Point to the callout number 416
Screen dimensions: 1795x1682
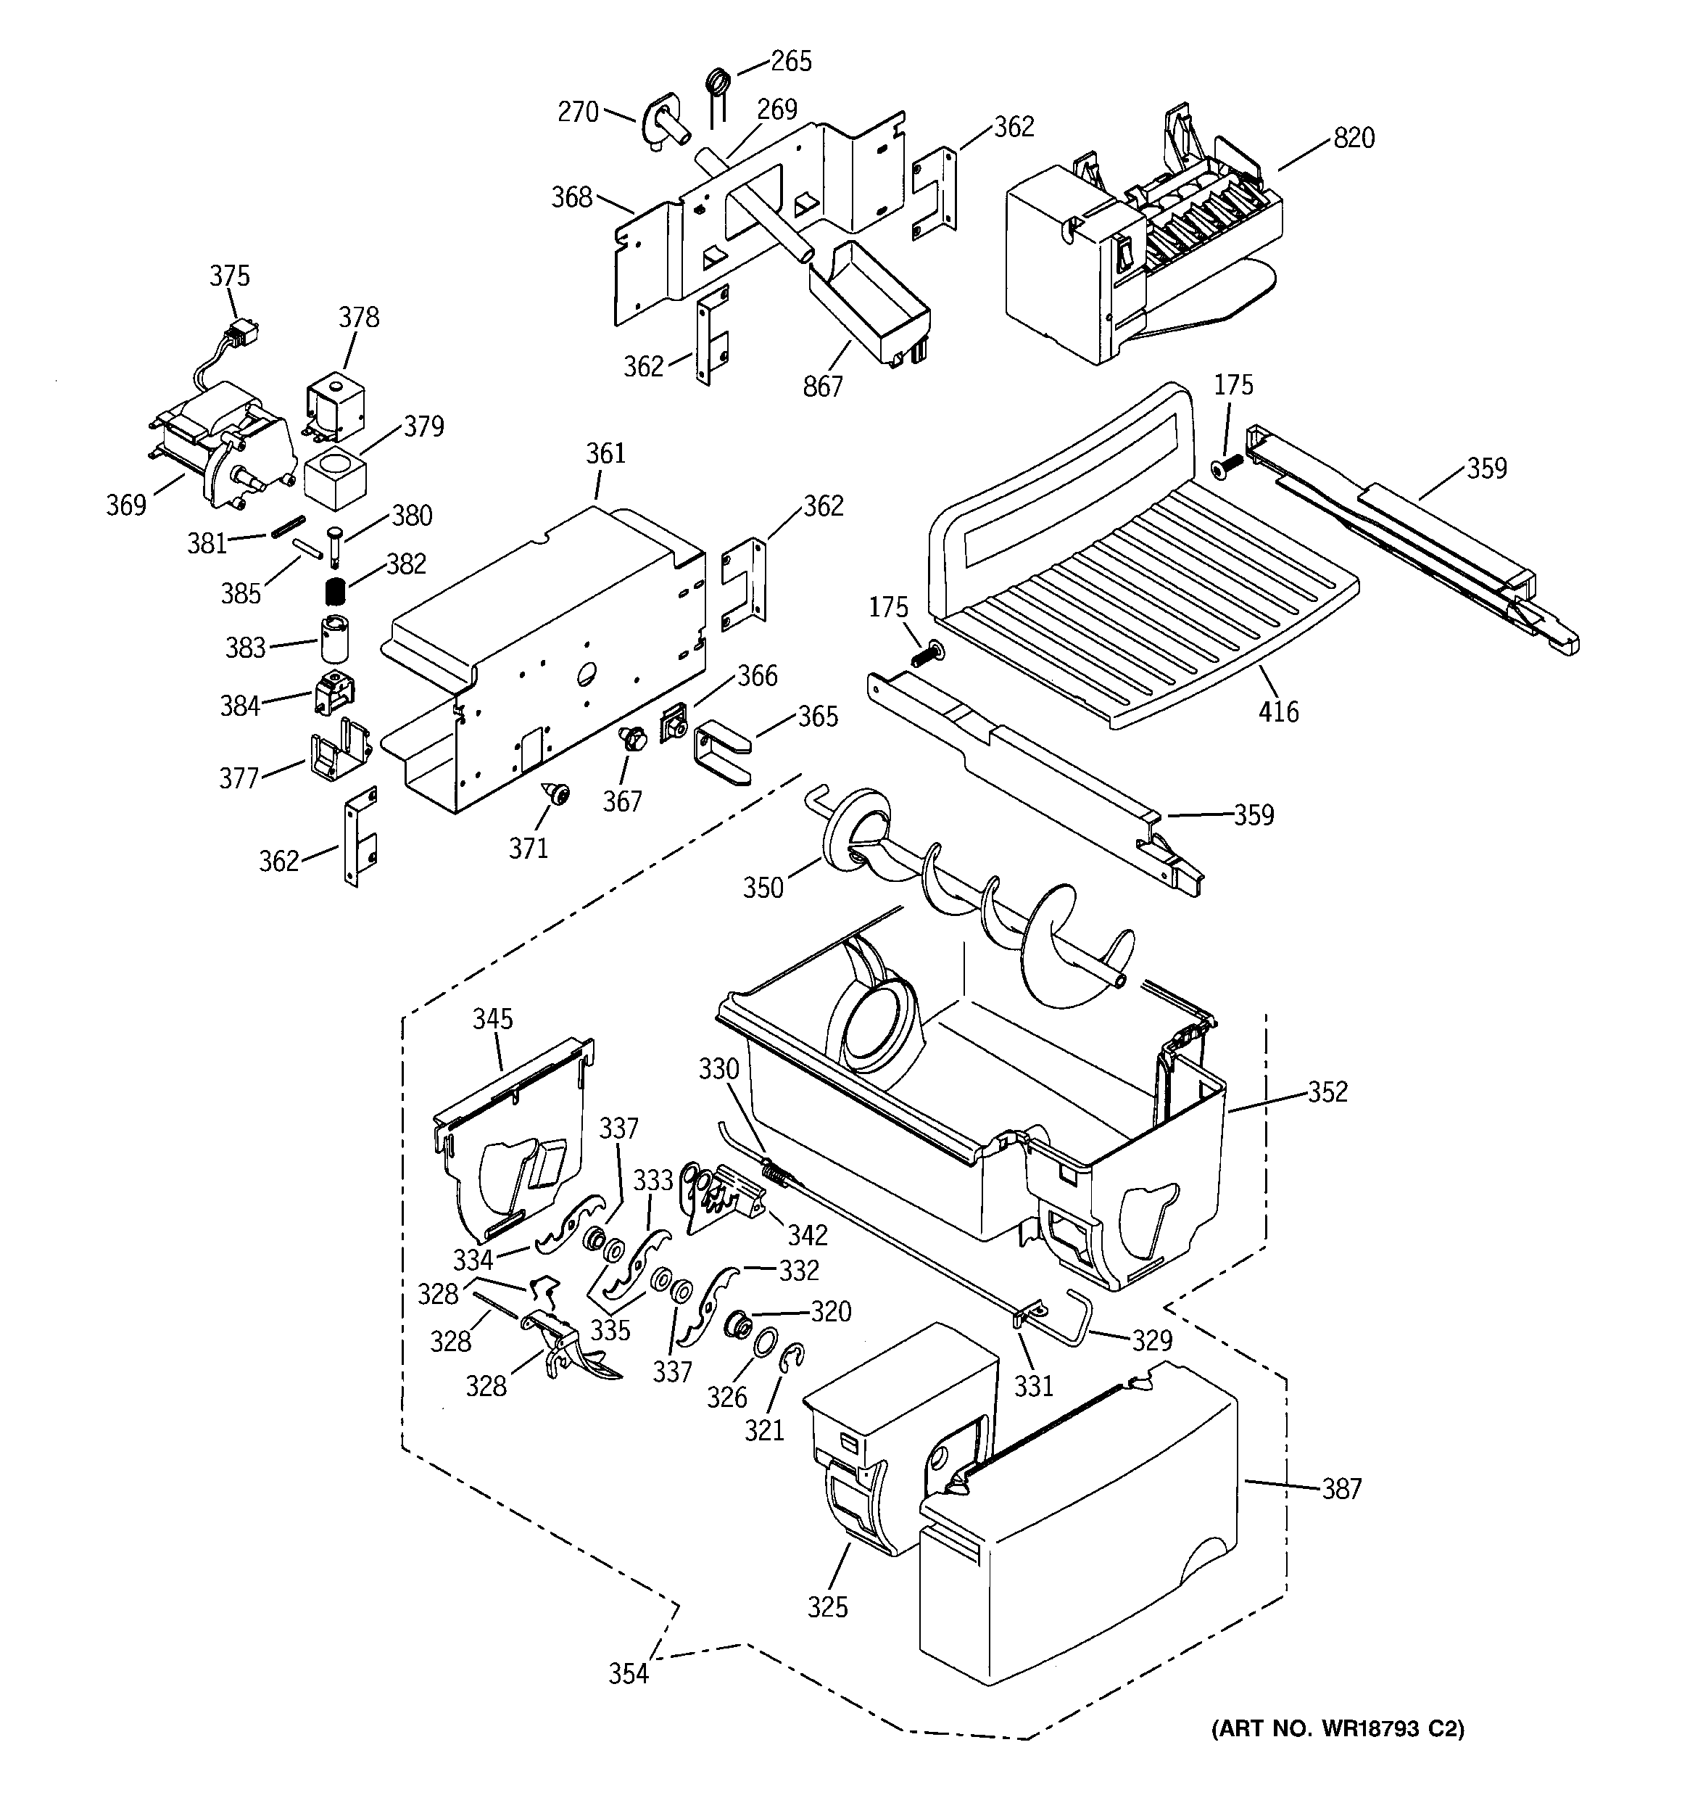pos(1278,712)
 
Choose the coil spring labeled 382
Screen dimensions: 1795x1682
pos(336,593)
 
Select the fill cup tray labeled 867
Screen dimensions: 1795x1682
pos(866,307)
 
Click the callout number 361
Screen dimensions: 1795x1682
pos(605,453)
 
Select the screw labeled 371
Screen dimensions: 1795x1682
pos(557,796)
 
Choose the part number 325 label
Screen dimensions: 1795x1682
pos(828,1607)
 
